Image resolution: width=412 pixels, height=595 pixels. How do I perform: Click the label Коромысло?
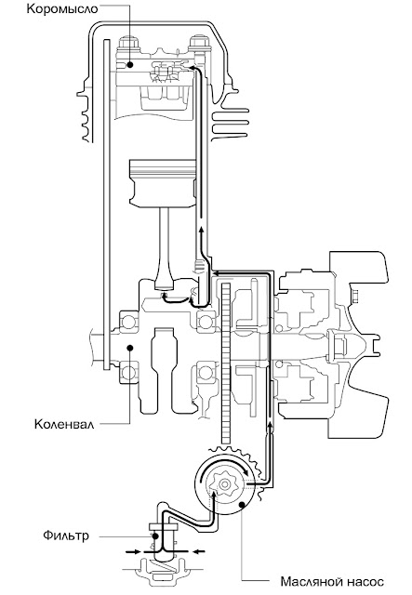tap(62, 8)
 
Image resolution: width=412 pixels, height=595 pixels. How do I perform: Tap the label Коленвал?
tap(64, 424)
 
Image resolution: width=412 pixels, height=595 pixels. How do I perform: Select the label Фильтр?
tap(66, 535)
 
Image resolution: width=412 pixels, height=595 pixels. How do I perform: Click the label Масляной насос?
tap(332, 581)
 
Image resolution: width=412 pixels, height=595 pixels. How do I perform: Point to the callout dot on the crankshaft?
tap(130, 347)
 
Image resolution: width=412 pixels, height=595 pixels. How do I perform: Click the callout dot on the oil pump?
tap(242, 504)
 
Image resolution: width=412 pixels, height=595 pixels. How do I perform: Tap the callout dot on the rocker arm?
tap(130, 65)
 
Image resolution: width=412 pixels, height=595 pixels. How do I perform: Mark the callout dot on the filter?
tap(155, 536)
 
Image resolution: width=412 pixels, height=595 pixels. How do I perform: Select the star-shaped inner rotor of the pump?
tap(225, 483)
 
